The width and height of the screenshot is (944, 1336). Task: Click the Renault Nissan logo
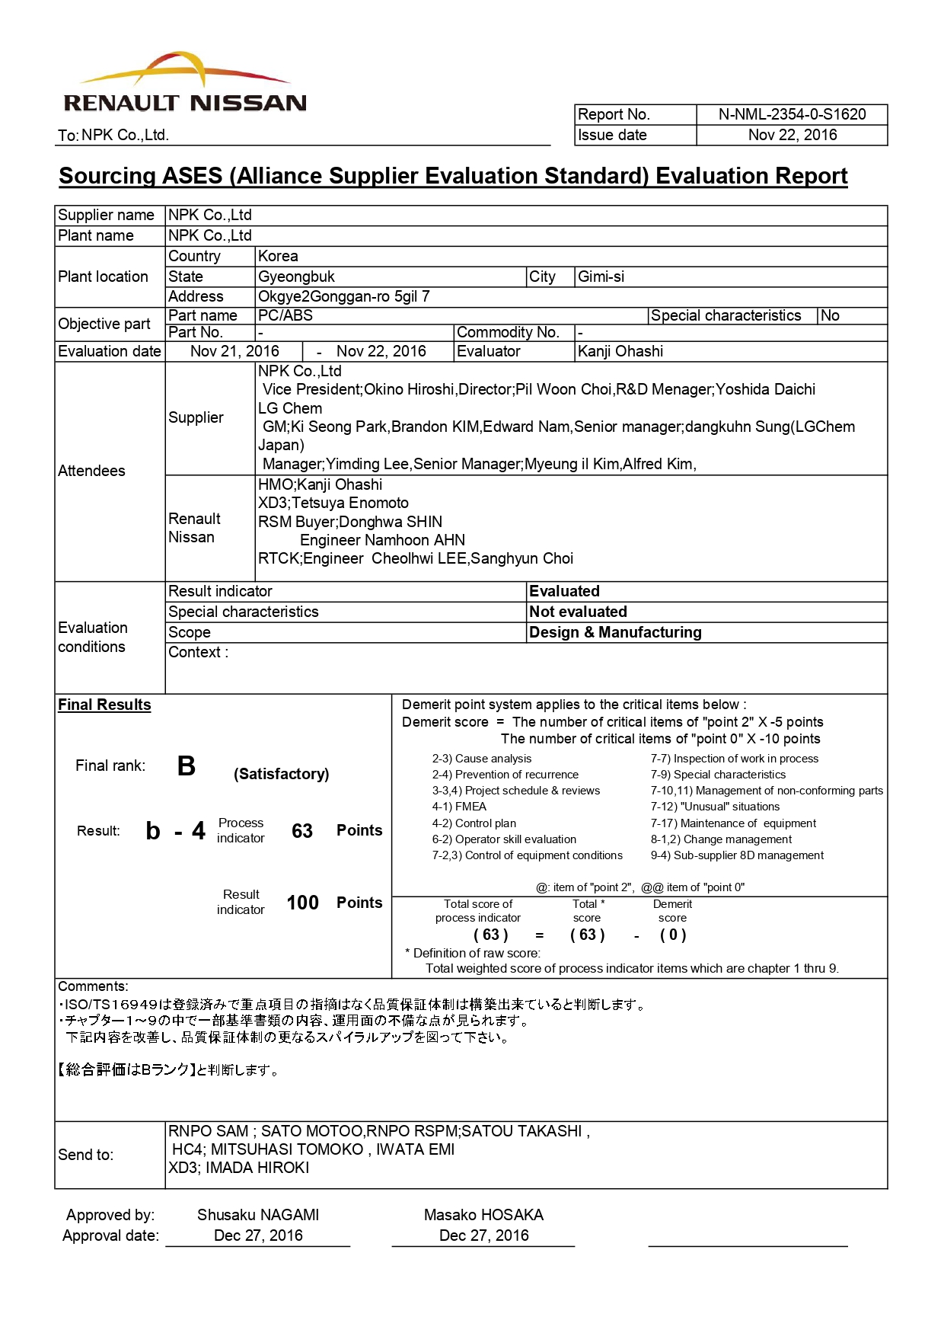tap(185, 84)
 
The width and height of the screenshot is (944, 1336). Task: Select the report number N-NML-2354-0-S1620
tap(792, 114)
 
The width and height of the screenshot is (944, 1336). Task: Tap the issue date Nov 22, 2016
tap(792, 135)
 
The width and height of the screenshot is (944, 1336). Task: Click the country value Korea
tap(278, 256)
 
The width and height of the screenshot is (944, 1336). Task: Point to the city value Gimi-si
tap(601, 276)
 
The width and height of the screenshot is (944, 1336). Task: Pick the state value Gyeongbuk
tap(296, 276)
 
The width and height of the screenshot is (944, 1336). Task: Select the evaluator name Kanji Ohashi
tap(620, 351)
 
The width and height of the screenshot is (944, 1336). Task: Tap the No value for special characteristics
tap(830, 315)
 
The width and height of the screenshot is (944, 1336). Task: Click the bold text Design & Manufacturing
tap(615, 632)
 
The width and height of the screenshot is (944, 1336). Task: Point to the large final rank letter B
tap(187, 765)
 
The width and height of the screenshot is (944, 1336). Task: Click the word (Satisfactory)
tap(282, 774)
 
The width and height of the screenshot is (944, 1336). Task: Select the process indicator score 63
tap(302, 831)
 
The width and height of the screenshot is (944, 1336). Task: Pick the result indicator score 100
tap(302, 903)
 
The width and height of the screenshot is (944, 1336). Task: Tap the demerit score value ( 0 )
tap(673, 935)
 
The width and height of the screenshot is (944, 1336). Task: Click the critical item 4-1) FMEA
tap(459, 807)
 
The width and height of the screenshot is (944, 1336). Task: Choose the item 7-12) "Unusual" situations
tap(715, 807)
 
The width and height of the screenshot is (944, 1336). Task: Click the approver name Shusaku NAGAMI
tap(258, 1215)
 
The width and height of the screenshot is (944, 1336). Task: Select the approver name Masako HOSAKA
tap(483, 1215)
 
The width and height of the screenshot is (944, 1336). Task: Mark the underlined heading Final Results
tap(104, 705)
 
